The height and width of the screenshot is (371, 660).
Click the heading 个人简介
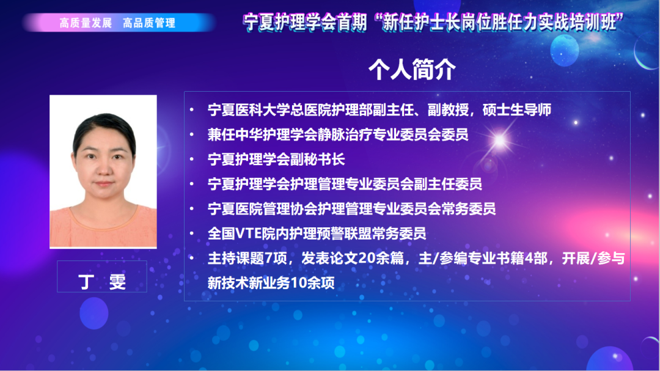coord(412,70)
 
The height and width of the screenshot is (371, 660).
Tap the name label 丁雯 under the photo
coord(103,282)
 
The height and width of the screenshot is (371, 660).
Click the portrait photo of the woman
coord(103,171)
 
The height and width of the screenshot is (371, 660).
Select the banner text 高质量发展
coord(86,23)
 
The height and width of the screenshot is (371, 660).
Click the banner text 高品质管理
coord(148,23)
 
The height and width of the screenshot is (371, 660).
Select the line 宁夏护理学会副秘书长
coord(277,160)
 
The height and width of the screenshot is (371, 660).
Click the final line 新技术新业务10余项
coord(271,283)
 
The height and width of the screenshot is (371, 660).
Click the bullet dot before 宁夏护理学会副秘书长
coord(193,160)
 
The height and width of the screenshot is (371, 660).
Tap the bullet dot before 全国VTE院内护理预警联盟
coord(193,233)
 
